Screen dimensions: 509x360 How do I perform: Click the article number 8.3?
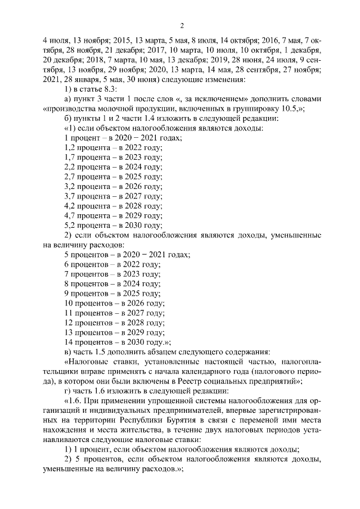point(119,89)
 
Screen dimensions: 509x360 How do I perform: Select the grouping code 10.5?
point(287,110)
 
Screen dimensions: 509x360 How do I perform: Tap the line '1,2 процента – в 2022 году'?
point(114,148)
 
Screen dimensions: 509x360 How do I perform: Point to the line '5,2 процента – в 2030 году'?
point(114,225)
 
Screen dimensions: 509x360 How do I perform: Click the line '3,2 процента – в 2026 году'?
point(114,187)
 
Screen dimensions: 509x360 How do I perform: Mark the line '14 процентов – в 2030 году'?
point(118,341)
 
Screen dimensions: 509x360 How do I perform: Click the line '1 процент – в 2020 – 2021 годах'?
point(124,139)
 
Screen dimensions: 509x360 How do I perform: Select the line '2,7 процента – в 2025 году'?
point(114,177)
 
